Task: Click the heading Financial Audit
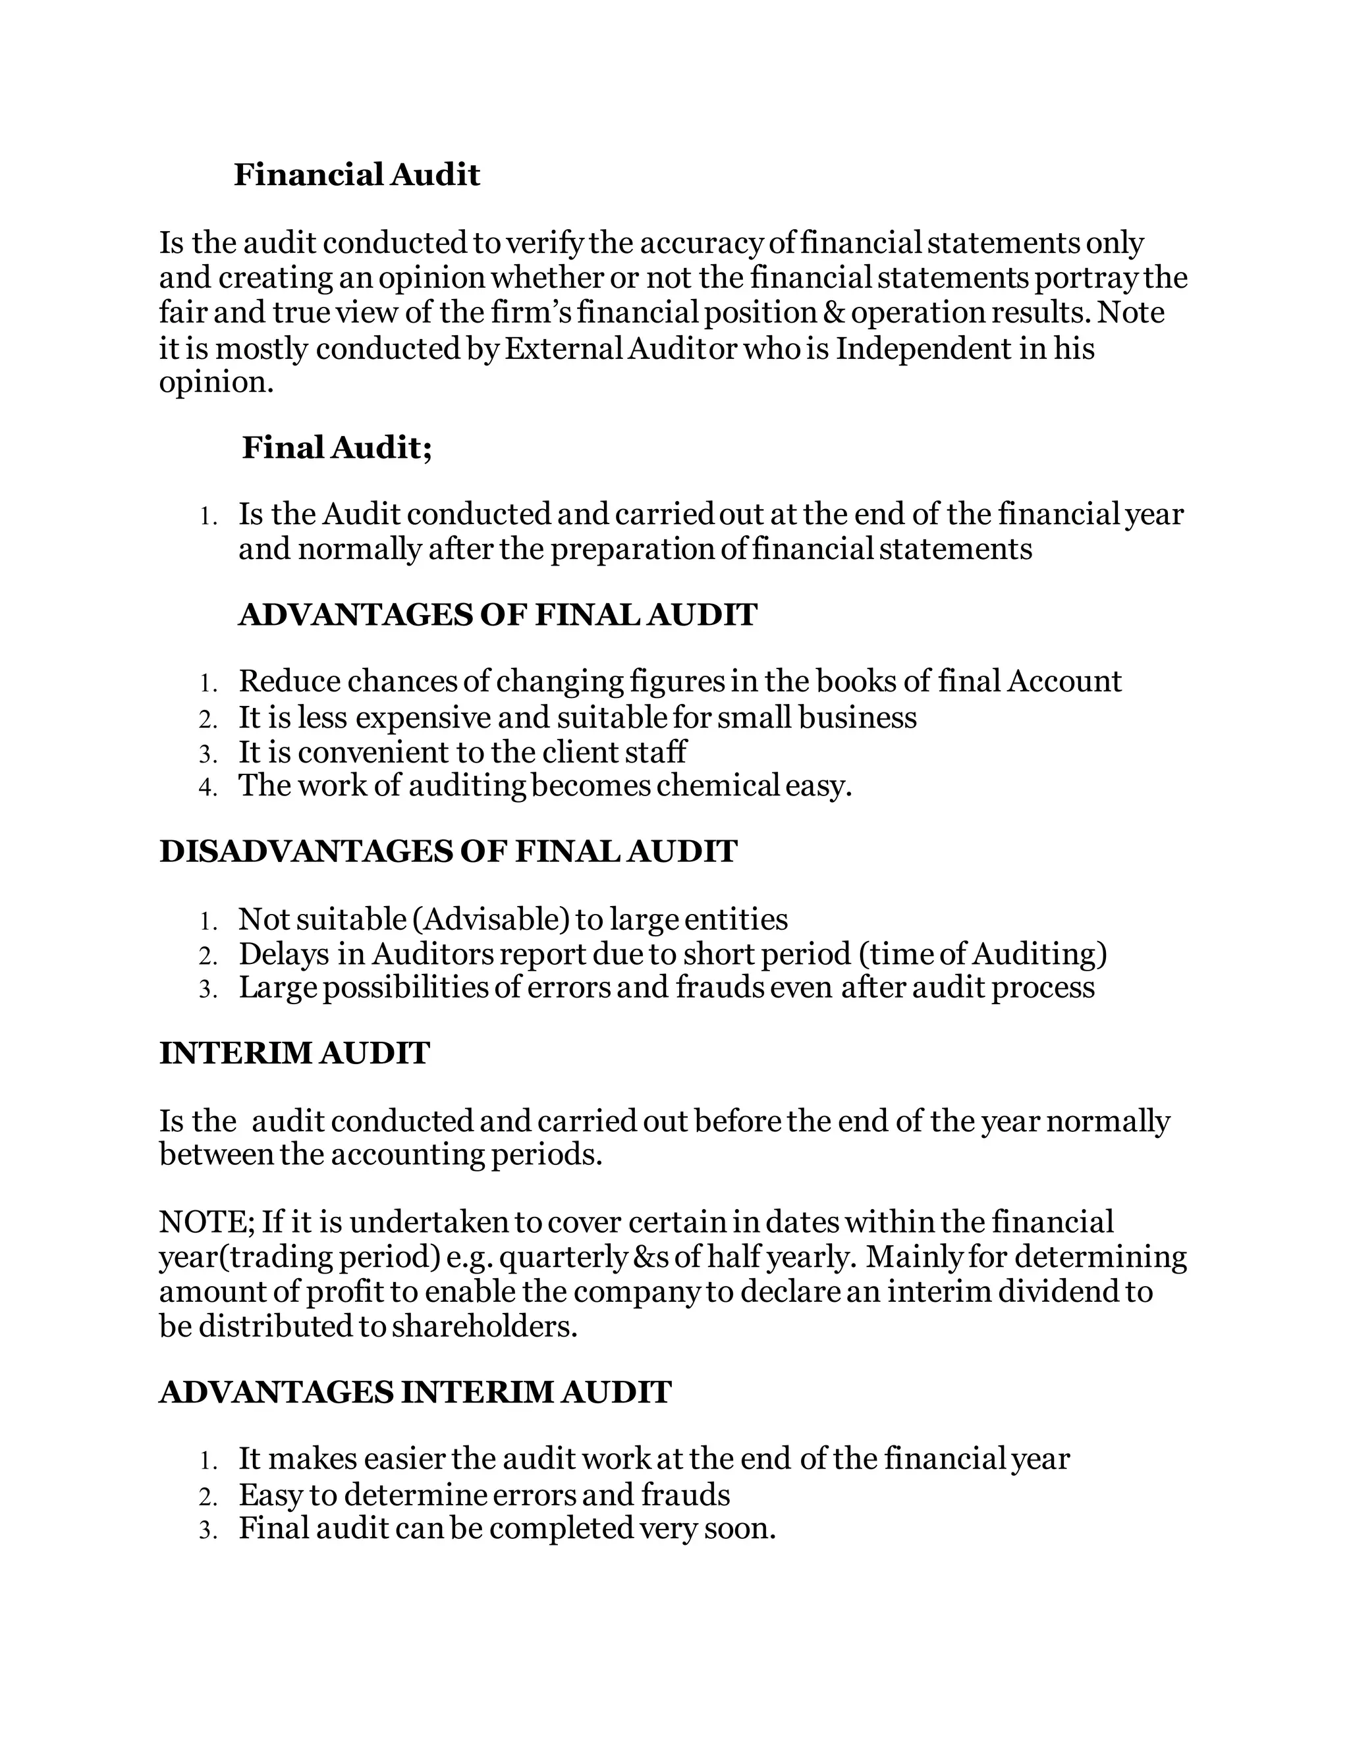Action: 356,175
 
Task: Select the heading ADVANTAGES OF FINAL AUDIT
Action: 497,615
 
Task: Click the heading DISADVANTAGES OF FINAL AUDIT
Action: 447,851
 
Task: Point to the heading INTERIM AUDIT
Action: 294,1054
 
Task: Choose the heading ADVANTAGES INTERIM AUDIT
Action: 415,1393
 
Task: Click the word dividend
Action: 1058,1292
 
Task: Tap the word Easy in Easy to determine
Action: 270,1495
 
